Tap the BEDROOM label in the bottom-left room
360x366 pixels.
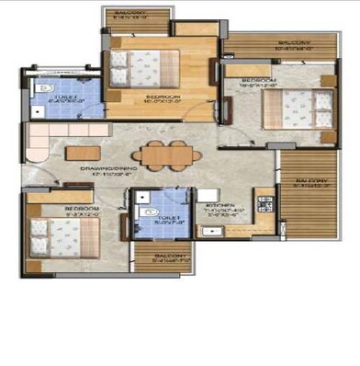(81, 210)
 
